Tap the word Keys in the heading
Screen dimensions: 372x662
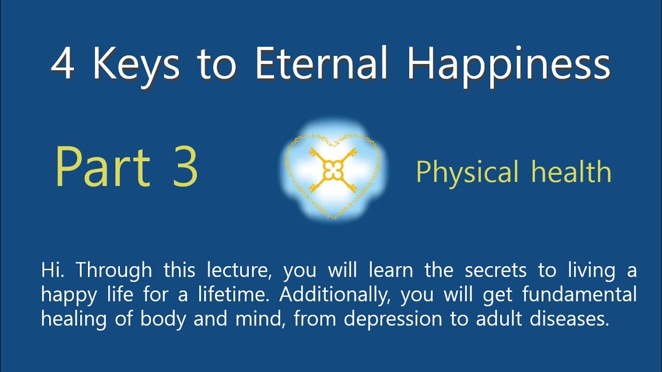[137, 65]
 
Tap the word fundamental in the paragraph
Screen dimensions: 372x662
[579, 295]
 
